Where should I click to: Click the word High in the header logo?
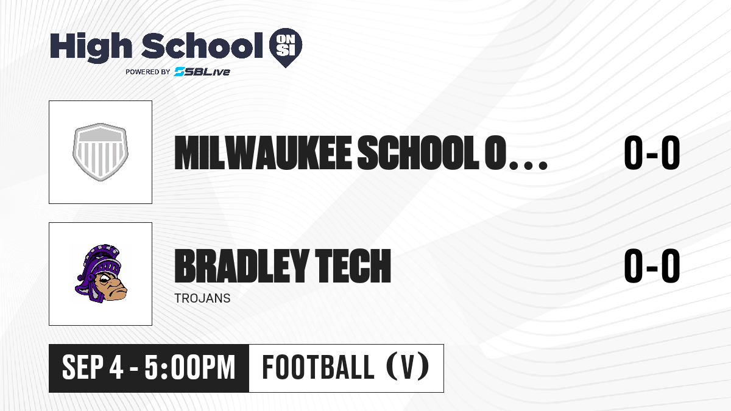[91, 47]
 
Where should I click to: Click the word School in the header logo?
[202, 46]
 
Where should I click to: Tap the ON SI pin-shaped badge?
[286, 47]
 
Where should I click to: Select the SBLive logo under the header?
[202, 71]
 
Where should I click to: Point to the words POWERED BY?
[148, 72]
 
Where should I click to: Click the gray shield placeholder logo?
[101, 152]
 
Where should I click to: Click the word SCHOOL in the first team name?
[418, 153]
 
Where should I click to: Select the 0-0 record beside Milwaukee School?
[652, 153]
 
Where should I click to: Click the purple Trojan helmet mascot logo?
[101, 273]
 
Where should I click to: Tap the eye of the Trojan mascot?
[105, 278]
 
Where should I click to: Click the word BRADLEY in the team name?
[241, 266]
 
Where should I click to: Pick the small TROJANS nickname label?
[202, 298]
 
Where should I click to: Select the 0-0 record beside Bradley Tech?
[652, 266]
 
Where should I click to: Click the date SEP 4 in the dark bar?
[93, 368]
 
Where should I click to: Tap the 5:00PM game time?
[190, 368]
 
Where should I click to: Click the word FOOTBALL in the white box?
[318, 367]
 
